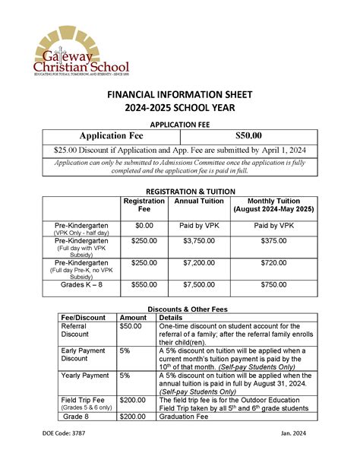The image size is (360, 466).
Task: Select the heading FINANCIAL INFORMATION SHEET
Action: click(x=180, y=95)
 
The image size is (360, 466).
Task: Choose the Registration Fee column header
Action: click(x=144, y=204)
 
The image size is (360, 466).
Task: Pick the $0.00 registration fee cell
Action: click(x=144, y=227)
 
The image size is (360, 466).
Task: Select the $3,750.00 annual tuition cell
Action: click(x=200, y=240)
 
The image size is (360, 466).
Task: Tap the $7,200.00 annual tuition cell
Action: click(x=200, y=262)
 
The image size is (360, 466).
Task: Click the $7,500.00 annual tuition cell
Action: click(x=200, y=284)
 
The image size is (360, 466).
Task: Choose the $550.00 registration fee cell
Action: click(x=144, y=284)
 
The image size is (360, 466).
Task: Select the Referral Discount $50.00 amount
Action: click(x=131, y=325)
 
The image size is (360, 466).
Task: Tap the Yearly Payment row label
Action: click(x=84, y=376)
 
